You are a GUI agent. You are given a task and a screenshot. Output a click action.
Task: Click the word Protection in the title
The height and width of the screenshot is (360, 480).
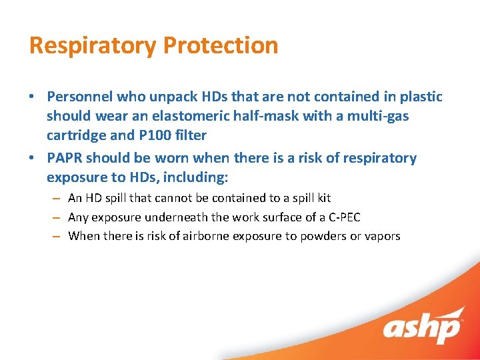pos(220,45)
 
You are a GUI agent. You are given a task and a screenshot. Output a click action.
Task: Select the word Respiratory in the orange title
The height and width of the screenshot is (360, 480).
pos(93,45)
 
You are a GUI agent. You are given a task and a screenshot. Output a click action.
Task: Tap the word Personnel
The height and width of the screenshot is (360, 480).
pos(79,97)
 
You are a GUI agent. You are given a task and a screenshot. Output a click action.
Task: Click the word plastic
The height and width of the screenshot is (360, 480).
pos(421,97)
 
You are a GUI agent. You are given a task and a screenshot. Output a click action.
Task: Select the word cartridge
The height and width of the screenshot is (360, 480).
pos(76,135)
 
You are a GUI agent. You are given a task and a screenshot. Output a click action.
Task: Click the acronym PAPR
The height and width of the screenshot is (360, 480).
pos(65,158)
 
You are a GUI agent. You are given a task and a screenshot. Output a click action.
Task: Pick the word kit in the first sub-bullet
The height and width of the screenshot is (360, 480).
pos(323,198)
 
